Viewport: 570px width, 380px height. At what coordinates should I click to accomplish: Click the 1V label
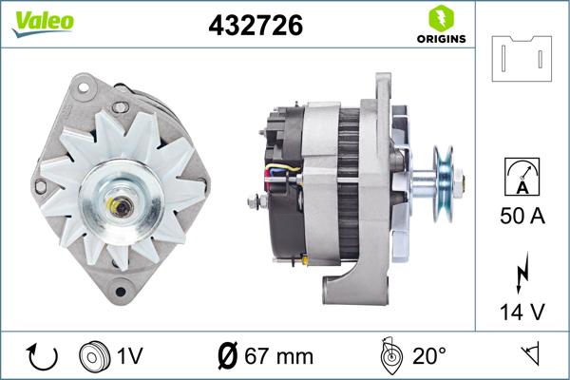pos(130,357)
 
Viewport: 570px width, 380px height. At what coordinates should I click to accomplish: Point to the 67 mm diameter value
pos(265,357)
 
